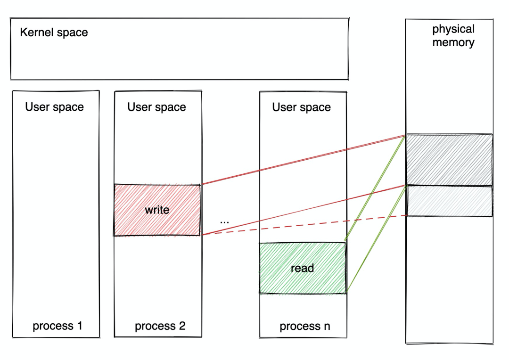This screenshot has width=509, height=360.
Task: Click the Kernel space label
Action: [x=54, y=33]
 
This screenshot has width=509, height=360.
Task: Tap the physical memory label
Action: [x=453, y=36]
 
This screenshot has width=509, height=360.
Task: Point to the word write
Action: [x=157, y=210]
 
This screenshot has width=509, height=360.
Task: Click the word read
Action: [x=302, y=268]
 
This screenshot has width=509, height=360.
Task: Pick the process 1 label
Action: [x=57, y=326]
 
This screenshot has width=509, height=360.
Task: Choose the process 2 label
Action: [x=160, y=326]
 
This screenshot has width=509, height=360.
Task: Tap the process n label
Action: [x=305, y=326]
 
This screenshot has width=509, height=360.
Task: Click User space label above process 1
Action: [x=54, y=107]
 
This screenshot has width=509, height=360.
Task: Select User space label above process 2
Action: [x=156, y=107]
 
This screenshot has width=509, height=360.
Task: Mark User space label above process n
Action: [x=301, y=107]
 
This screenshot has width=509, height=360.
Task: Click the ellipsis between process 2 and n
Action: [x=224, y=221]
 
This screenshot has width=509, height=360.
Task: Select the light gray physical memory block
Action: [x=449, y=201]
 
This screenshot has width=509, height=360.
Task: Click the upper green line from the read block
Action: [x=375, y=189]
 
